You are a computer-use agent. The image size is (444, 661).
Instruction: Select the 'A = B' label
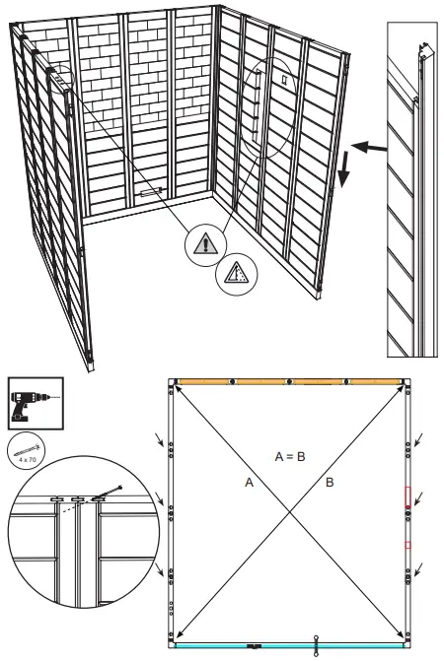pos(289,456)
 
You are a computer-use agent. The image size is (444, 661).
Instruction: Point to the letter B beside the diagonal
pos(330,484)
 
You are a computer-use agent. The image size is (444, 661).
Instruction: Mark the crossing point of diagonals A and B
pos(289,512)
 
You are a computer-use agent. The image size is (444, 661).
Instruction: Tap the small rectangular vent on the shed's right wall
pos(284,77)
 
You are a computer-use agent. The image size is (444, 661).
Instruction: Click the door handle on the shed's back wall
pos(153,194)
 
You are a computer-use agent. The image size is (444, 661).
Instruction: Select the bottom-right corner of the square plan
pos(406,644)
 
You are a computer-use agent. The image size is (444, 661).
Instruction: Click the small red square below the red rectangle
pos(407,544)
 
